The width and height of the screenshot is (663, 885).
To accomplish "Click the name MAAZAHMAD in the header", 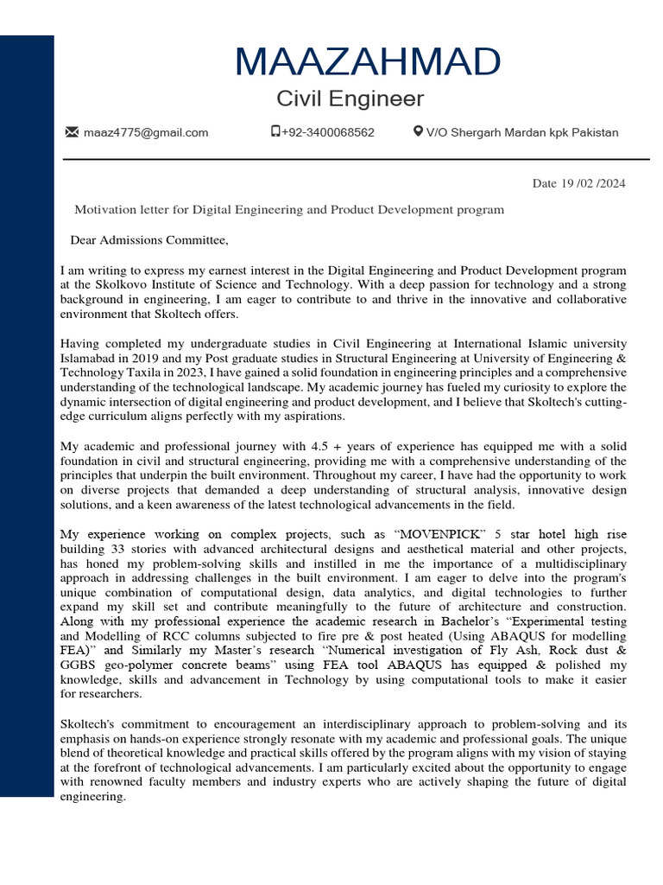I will coord(367,62).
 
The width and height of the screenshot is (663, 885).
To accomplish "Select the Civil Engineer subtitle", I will coord(350,99).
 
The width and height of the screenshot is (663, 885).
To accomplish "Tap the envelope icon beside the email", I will coord(72,132).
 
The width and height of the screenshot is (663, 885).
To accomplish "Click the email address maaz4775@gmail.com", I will coord(146,132).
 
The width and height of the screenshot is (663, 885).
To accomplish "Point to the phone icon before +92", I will coord(275,132).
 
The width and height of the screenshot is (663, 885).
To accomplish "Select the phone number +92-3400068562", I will coord(327,132).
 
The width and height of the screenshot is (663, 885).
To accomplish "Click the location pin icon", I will coord(418,132).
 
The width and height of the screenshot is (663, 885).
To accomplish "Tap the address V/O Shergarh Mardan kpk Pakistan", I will coord(522,132).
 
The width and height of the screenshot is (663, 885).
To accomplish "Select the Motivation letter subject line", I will coord(289,209).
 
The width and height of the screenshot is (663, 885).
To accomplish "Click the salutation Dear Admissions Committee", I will coord(149,239).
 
